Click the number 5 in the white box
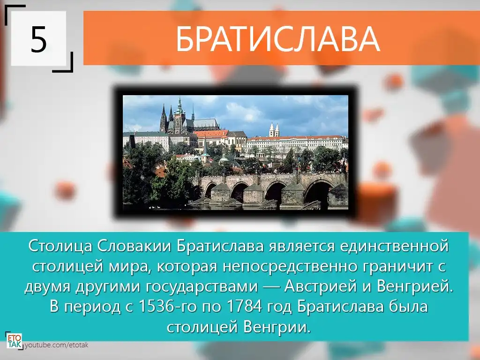38,39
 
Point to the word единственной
394,246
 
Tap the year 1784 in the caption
244,307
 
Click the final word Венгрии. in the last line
277,327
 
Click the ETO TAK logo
14,341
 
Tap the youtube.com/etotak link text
56,345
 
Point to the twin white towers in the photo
274,130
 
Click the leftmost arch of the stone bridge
210,190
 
